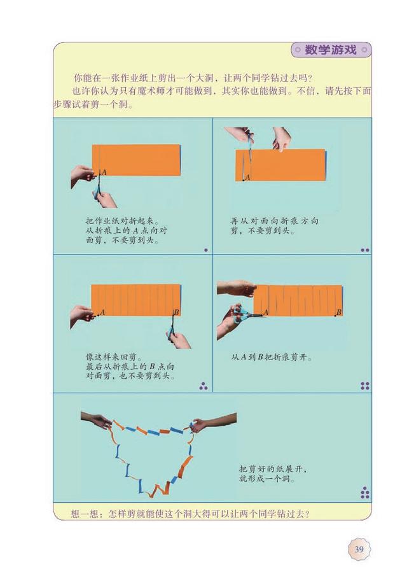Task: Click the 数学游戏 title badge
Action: click(331, 50)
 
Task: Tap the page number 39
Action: click(359, 549)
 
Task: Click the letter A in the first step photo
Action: click(104, 172)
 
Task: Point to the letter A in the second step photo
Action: click(247, 178)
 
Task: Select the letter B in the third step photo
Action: click(176, 313)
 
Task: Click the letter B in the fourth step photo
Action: click(339, 313)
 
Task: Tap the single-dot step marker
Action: click(206, 250)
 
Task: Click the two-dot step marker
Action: click(365, 250)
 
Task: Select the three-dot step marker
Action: click(203, 386)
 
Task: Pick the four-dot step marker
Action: click(365, 386)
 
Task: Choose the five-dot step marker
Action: click(365, 493)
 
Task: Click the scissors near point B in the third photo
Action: click(172, 329)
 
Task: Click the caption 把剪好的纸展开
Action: click(273, 469)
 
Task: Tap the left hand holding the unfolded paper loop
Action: click(96, 420)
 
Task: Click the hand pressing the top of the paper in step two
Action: click(282, 139)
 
